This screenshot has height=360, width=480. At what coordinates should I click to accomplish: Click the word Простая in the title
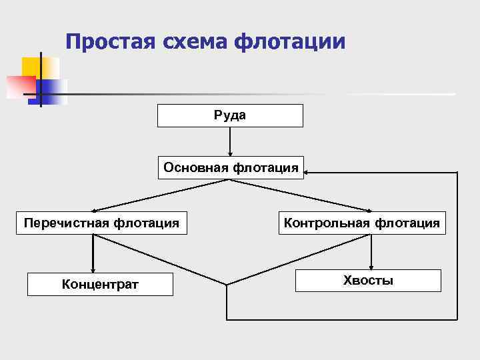pyautogui.click(x=109, y=42)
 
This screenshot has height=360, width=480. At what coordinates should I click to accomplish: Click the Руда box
pyautogui.click(x=230, y=115)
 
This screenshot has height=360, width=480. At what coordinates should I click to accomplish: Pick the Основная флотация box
pyautogui.click(x=230, y=167)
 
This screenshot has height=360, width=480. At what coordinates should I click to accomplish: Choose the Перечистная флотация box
pyautogui.click(x=101, y=223)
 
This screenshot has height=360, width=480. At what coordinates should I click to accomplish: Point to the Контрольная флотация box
pyautogui.click(x=362, y=223)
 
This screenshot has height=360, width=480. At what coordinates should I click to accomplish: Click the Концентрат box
pyautogui.click(x=100, y=285)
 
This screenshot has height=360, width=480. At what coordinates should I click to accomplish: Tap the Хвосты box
pyautogui.click(x=368, y=280)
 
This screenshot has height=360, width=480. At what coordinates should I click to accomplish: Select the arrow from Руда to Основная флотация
pyautogui.click(x=230, y=141)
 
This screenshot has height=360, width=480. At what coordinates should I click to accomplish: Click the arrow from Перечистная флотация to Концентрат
pyautogui.click(x=93, y=253)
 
